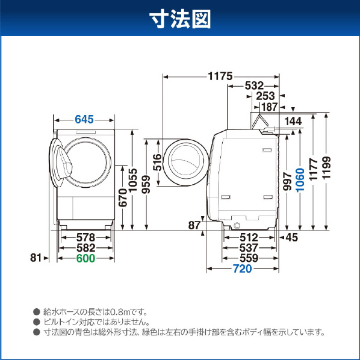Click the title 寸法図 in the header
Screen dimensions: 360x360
[180, 19]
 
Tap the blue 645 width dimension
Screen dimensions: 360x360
[84, 119]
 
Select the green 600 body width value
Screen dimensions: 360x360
[85, 258]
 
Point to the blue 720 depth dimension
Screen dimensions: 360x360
[242, 268]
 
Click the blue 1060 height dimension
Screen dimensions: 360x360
[300, 180]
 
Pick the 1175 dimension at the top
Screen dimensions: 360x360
[220, 76]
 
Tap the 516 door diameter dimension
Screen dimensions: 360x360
[158, 163]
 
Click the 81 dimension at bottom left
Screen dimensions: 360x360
[36, 258]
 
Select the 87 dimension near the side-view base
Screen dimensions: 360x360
[194, 225]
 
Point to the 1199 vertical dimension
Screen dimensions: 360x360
[326, 167]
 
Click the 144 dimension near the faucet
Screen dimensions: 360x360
[293, 121]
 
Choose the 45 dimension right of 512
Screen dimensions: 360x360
[292, 237]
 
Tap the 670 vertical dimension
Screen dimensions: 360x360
[123, 197]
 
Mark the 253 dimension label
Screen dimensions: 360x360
[265, 96]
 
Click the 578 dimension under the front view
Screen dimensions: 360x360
[85, 237]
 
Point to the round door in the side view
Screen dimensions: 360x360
[186, 163]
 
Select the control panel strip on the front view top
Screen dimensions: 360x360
[85, 132]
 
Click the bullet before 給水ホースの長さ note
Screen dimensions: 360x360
[37, 312]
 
